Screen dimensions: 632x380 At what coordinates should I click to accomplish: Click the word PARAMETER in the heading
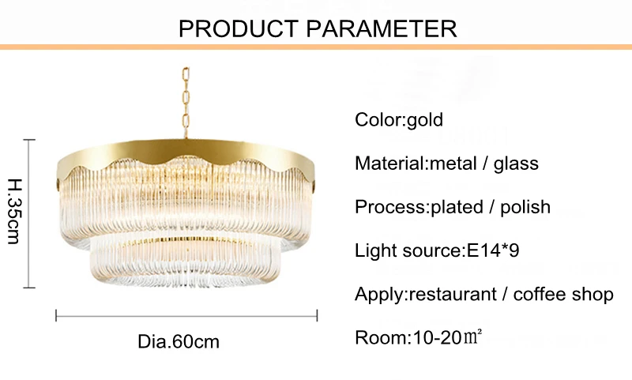pyautogui.click(x=382, y=28)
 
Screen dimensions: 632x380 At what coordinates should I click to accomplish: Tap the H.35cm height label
pyautogui.click(x=14, y=211)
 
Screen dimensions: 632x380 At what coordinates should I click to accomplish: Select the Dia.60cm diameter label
pyautogui.click(x=179, y=342)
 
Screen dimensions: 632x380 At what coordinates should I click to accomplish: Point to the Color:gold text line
pyautogui.click(x=399, y=120)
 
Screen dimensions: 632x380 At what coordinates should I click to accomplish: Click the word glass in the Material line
pyautogui.click(x=516, y=164)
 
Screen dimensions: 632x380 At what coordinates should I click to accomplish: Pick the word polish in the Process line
pyautogui.click(x=525, y=207)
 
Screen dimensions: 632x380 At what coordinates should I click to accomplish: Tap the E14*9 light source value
pyautogui.click(x=493, y=250)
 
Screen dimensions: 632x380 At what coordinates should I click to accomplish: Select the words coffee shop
pyautogui.click(x=563, y=294)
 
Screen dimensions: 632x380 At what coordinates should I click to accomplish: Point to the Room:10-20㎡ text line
pyautogui.click(x=419, y=337)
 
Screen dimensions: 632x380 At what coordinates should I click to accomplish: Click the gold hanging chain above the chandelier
pyautogui.click(x=186, y=103)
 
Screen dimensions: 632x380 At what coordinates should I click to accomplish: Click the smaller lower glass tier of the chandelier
pyautogui.click(x=185, y=263)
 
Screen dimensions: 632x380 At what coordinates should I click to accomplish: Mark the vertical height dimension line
pyautogui.click(x=29, y=213)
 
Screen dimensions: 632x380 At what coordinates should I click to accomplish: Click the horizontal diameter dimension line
pyautogui.click(x=186, y=315)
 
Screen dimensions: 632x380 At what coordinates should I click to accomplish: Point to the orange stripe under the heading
pyautogui.click(x=316, y=47)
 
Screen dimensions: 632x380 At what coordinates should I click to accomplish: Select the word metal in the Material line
pyautogui.click(x=453, y=164)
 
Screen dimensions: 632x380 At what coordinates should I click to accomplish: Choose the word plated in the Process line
pyautogui.click(x=457, y=207)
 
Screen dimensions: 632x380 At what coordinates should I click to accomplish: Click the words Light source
pyautogui.click(x=408, y=250)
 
